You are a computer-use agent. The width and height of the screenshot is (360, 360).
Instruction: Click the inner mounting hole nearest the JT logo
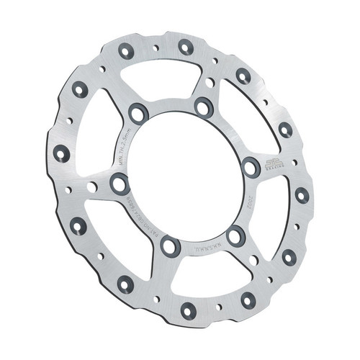coord(251,167)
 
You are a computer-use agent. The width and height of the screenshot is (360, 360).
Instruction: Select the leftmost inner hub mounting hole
coord(119,185)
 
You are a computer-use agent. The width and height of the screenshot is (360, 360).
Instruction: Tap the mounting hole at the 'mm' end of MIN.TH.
coord(137,113)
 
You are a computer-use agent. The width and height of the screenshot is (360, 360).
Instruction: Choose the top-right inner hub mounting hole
coord(202,107)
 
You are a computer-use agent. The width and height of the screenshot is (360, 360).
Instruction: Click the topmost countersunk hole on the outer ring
coord(185,47)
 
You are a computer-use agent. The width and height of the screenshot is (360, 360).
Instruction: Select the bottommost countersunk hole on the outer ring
coord(189,311)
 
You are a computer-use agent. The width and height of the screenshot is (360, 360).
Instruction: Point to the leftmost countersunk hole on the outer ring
coord(61,153)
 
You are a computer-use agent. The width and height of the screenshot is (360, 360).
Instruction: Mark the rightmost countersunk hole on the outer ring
coord(301,195)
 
